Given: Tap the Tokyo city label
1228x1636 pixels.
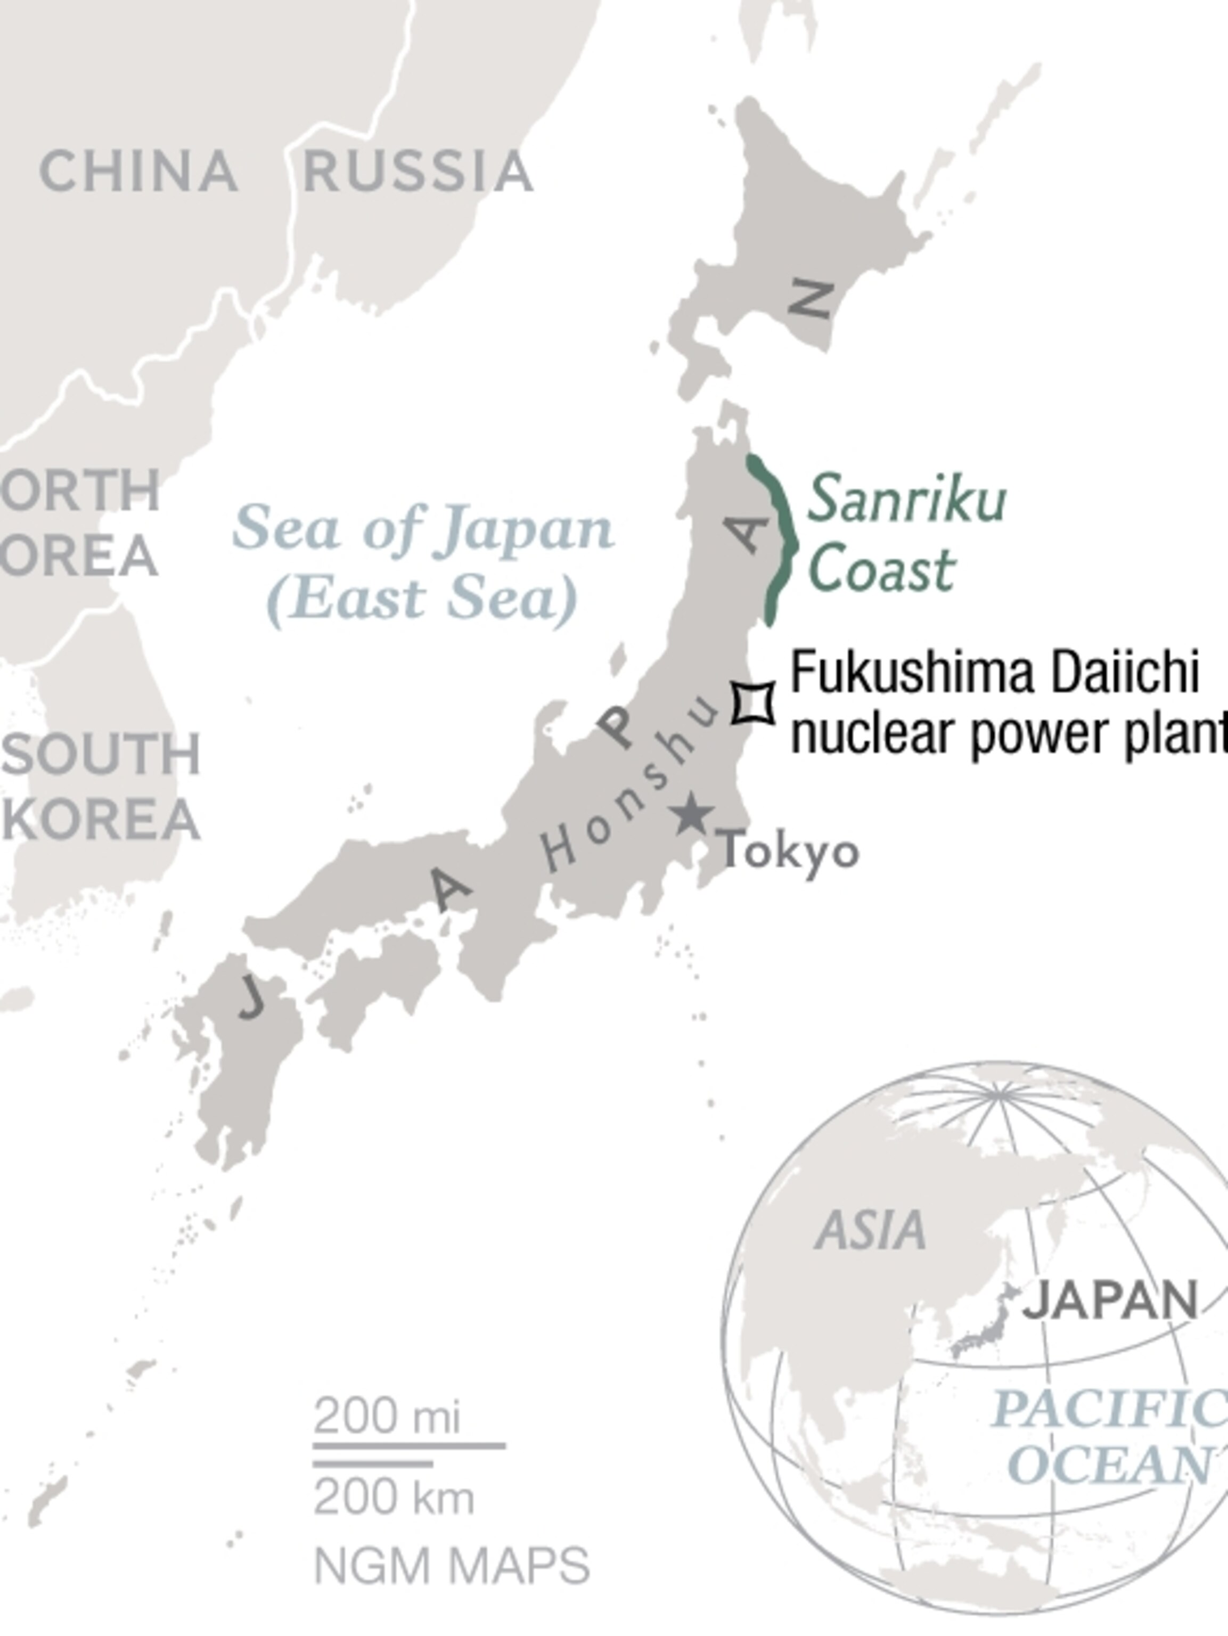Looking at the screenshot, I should [789, 851].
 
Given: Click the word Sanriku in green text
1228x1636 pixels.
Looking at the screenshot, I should [906, 499].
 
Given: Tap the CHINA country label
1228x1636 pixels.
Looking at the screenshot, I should [138, 171].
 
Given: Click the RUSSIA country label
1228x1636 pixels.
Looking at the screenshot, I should [418, 171].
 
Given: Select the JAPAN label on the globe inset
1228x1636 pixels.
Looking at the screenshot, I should [1110, 1299].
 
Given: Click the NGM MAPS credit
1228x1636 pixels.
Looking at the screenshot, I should [451, 1566].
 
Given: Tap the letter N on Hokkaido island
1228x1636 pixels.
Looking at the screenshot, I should [812, 299].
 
